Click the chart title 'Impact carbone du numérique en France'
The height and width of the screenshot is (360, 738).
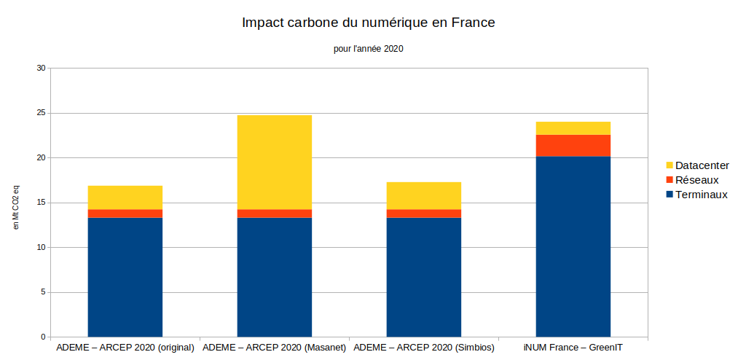click(x=368, y=23)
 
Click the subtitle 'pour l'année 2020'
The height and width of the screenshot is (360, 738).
click(x=368, y=50)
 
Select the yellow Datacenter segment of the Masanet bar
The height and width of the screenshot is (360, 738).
click(x=274, y=162)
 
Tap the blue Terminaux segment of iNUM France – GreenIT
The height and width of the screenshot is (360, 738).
click(x=573, y=246)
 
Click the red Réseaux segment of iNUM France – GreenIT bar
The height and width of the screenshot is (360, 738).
click(x=573, y=145)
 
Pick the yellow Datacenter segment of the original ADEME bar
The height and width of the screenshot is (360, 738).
click(x=125, y=197)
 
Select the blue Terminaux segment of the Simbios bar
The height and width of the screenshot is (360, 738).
click(x=423, y=277)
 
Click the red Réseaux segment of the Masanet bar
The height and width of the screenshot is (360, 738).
click(x=274, y=214)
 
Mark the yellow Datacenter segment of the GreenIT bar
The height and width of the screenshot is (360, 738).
click(x=573, y=128)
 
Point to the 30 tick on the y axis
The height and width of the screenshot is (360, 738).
click(x=41, y=69)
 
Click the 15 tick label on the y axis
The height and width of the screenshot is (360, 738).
click(x=41, y=203)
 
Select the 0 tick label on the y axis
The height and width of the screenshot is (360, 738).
click(x=42, y=337)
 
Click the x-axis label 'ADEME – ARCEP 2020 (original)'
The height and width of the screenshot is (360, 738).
click(x=125, y=348)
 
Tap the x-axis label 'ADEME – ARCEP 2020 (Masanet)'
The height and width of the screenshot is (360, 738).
click(x=274, y=348)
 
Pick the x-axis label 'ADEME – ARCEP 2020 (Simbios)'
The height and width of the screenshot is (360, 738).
click(x=424, y=348)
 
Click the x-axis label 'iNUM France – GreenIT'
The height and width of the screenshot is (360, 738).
click(x=573, y=348)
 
